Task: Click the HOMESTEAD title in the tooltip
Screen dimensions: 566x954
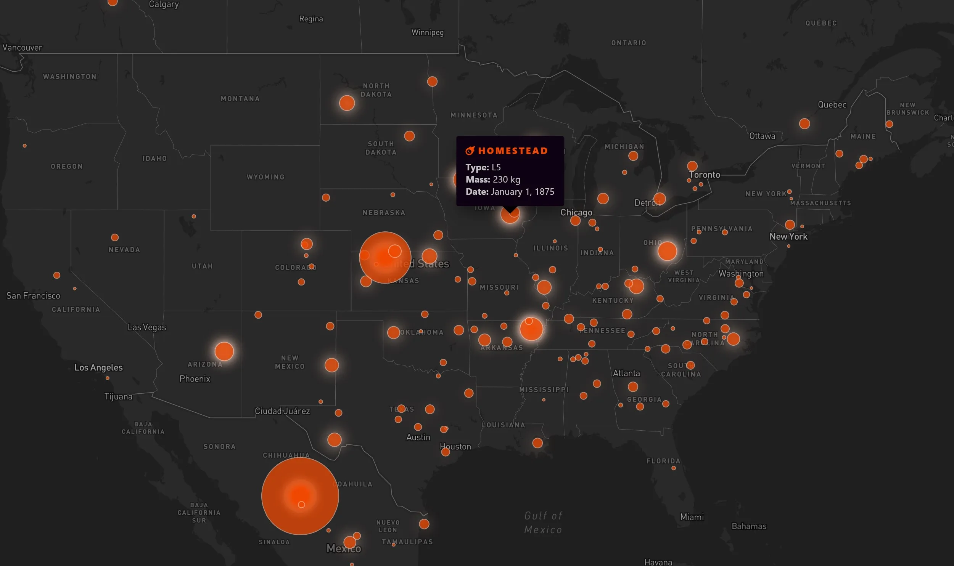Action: [x=513, y=151]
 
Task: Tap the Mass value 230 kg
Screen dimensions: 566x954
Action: [x=506, y=180]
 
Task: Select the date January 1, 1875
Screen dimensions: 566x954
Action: [x=523, y=192]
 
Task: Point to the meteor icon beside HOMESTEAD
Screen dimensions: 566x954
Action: [x=470, y=151]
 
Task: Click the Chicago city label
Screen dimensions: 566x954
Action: [x=576, y=212]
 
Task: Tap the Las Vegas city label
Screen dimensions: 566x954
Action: [x=146, y=327]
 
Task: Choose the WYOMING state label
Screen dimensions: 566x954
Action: [x=265, y=177]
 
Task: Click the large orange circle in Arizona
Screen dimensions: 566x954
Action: [x=224, y=351]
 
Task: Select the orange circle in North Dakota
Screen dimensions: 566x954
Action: [x=347, y=103]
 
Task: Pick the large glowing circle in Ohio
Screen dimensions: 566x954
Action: [x=667, y=251]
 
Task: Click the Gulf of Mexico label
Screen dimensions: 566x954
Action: [x=543, y=523]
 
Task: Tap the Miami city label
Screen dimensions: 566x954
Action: [x=692, y=517]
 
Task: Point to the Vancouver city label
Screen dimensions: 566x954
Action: [x=22, y=48]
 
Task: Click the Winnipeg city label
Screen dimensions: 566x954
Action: [x=427, y=32]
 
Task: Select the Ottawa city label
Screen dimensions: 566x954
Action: [x=762, y=136]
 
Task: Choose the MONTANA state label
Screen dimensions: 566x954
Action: [x=240, y=99]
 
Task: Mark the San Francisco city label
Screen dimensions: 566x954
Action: [x=33, y=296]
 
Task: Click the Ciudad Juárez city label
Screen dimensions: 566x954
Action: [x=282, y=411]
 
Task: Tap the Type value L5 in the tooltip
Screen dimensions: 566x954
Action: [x=496, y=167]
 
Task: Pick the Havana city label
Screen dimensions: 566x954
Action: [x=658, y=562]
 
